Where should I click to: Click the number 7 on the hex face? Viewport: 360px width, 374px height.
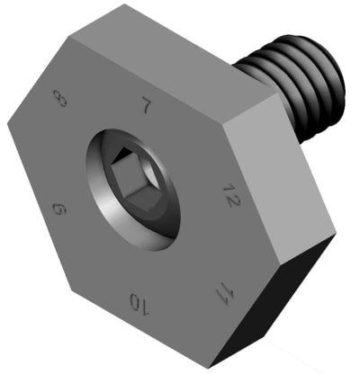144,106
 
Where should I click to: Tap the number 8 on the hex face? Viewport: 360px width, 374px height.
60,98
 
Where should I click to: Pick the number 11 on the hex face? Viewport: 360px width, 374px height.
219,292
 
